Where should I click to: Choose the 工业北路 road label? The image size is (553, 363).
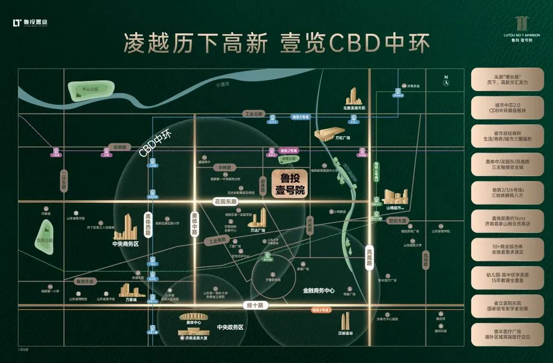tap(253, 114)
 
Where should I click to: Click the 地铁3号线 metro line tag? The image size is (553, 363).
tap(301, 117)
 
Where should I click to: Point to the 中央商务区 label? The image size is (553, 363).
tap(125, 244)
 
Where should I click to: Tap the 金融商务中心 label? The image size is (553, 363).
tap(318, 290)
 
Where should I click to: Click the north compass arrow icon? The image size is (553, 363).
tap(446, 80)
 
